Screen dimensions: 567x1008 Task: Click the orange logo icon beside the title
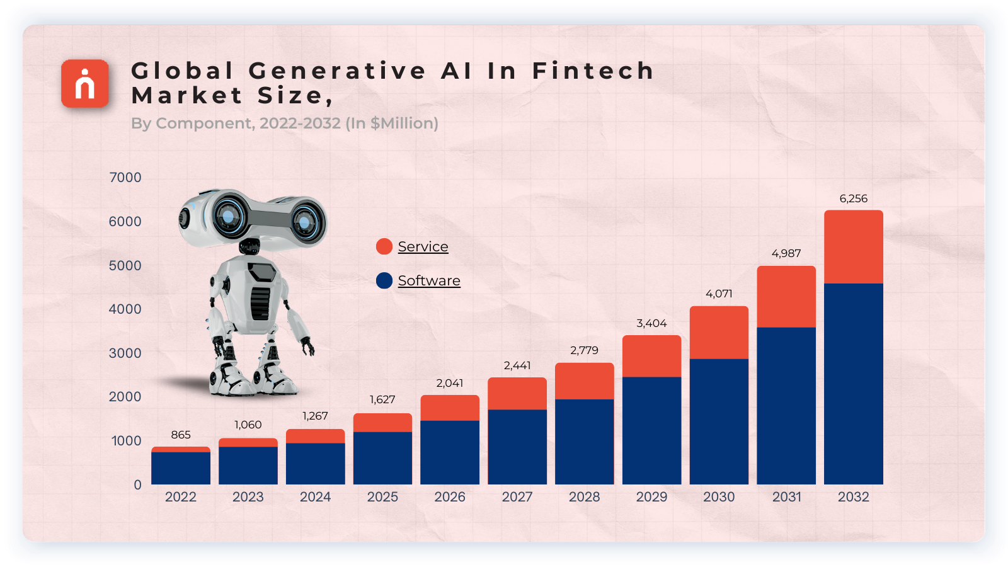click(85, 83)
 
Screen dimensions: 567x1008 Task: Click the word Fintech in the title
click(592, 71)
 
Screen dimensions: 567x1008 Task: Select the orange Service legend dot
click(384, 246)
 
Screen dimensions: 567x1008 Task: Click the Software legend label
click(429, 280)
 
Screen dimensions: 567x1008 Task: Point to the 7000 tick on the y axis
click(125, 178)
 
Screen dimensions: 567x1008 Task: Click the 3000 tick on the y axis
click(125, 353)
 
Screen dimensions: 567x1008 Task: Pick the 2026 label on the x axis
click(450, 496)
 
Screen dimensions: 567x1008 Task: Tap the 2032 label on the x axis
click(853, 496)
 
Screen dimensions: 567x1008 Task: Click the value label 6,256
click(853, 198)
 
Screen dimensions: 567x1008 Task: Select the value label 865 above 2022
click(181, 435)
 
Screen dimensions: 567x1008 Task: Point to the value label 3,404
click(651, 323)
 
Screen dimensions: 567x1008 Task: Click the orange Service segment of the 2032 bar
click(853, 247)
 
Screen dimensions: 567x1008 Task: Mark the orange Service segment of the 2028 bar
click(584, 381)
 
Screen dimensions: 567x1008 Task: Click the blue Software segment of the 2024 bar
click(315, 464)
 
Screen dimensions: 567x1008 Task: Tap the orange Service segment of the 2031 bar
click(786, 297)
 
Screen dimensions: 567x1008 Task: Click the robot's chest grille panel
click(260, 304)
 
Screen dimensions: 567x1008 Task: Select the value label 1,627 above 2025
click(382, 399)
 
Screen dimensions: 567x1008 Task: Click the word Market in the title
click(187, 96)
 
